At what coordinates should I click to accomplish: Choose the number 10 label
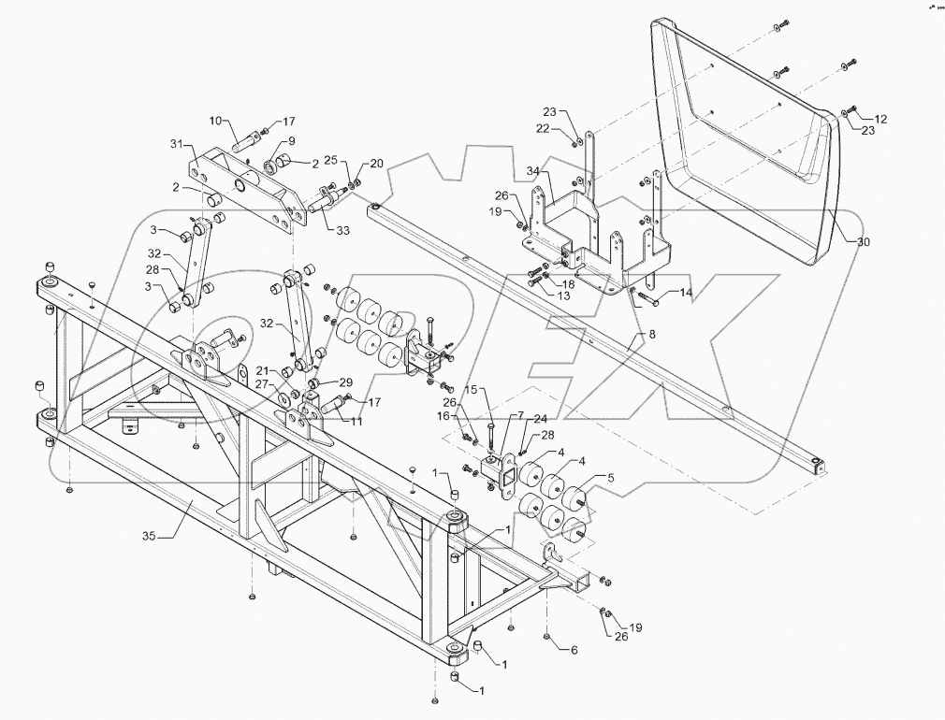pyautogui.click(x=214, y=121)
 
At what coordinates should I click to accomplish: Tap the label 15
pyautogui.click(x=472, y=389)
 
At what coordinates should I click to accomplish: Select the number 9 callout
pyautogui.click(x=288, y=141)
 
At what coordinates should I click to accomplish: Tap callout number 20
pyautogui.click(x=376, y=163)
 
